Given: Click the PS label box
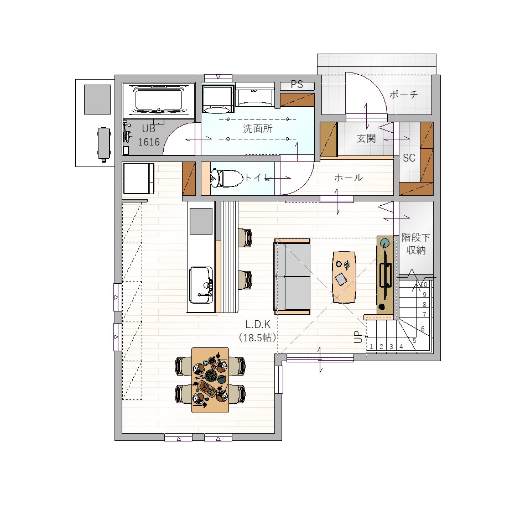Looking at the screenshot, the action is (297, 85).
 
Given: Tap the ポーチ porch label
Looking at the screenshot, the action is (403, 95).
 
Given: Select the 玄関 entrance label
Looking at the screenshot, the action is (366, 138).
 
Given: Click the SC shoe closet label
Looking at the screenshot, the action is (409, 158).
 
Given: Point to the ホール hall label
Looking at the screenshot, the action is (348, 178).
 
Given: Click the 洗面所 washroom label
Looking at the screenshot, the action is (258, 128).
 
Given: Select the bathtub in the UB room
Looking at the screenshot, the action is (159, 100).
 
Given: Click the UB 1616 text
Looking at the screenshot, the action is (148, 135).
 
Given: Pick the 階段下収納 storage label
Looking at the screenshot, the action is (416, 244).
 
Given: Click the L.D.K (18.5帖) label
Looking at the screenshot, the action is (258, 331).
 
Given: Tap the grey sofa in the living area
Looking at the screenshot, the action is (292, 277).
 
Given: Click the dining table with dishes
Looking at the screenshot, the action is (210, 380).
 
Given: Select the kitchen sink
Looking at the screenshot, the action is (201, 285).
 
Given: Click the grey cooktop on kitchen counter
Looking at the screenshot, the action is (201, 221).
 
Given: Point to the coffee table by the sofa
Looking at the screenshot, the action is (344, 277).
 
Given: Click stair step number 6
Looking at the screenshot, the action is (423, 329).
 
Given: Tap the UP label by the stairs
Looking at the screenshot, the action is (358, 337).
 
